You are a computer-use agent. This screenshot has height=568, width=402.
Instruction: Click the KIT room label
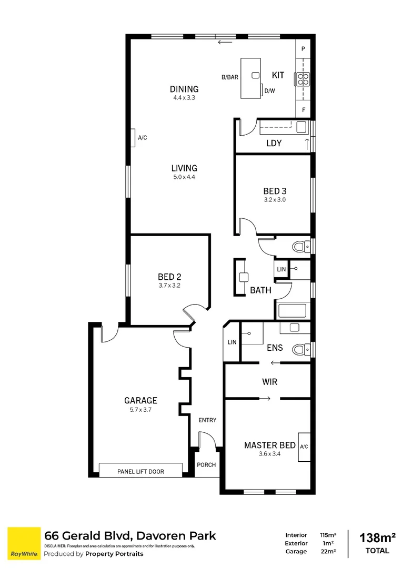[278, 75]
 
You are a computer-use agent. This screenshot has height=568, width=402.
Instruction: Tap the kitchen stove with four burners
[303, 78]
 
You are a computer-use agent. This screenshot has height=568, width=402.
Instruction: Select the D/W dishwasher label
[269, 90]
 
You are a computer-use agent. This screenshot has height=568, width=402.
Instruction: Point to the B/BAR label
[229, 77]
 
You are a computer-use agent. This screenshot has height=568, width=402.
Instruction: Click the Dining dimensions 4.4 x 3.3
[184, 98]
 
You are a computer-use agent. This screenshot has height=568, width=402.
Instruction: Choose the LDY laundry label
[274, 143]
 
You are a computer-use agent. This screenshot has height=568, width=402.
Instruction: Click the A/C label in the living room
[142, 138]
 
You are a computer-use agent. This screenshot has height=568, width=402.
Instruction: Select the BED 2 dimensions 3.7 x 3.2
[169, 286]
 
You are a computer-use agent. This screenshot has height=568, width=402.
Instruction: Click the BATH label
[260, 290]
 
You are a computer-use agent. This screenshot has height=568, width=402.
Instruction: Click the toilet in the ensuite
[301, 349]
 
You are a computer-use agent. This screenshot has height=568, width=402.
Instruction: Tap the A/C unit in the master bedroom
[304, 447]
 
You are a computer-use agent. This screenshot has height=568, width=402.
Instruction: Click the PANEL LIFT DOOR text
[140, 472]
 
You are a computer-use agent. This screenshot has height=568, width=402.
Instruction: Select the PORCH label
[206, 465]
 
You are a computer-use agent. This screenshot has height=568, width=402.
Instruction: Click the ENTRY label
[207, 420]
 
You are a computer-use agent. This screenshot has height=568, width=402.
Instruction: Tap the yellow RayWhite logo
[24, 543]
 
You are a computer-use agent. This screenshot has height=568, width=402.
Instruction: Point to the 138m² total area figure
[377, 538]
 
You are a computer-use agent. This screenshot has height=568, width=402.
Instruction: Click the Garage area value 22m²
[328, 551]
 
